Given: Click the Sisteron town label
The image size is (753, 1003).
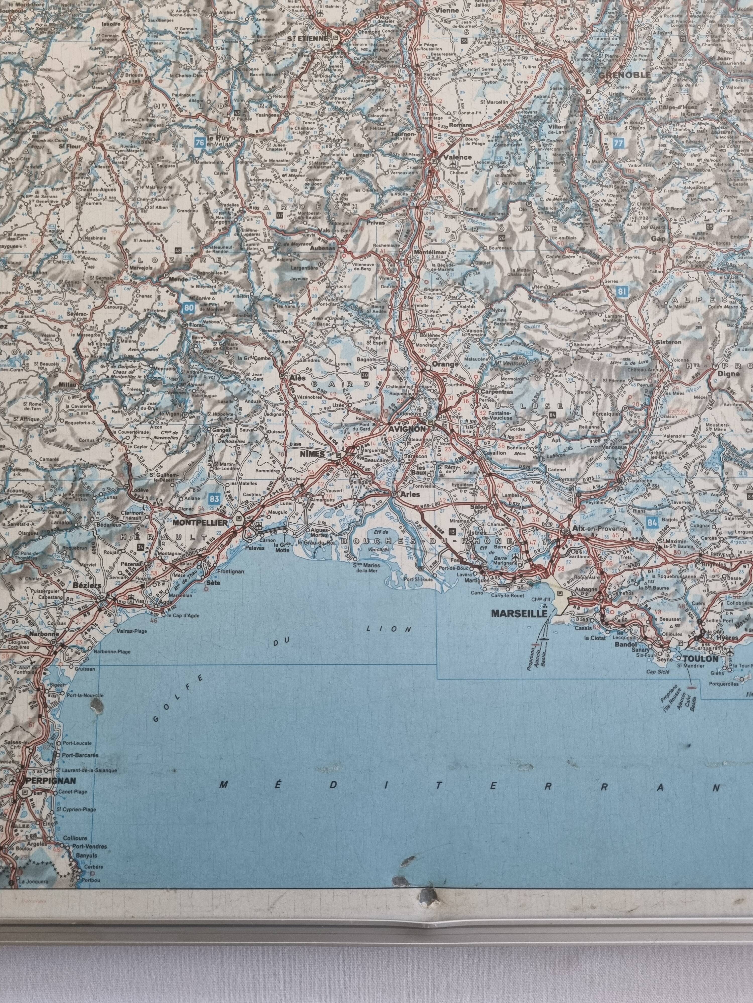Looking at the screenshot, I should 669,342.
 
